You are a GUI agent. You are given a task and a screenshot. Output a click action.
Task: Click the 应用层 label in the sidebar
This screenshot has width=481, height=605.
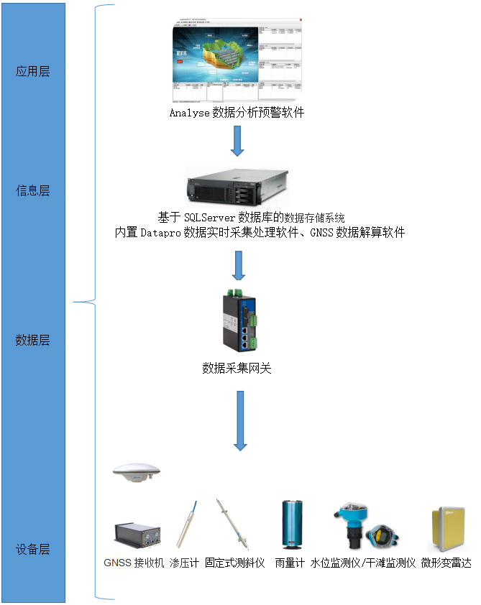point(32,71)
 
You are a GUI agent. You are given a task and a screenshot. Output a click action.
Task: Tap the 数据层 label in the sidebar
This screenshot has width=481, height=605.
point(32,340)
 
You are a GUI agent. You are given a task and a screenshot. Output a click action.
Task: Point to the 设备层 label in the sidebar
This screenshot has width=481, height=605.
point(32,550)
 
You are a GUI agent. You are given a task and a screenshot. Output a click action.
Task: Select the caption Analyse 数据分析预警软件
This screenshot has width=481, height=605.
point(237,113)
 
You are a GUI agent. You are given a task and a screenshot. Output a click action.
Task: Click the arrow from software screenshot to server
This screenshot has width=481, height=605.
point(237,141)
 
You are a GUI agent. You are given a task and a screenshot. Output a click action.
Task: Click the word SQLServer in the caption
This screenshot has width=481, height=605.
point(209,218)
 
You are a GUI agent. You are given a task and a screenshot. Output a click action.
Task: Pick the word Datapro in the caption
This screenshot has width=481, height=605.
point(160,232)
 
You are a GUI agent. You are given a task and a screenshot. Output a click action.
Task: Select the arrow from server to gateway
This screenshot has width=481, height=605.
point(239,265)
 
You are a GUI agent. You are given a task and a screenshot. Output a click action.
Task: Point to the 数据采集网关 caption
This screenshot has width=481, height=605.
point(237,369)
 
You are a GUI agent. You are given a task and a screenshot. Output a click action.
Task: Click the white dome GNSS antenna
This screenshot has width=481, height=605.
point(137,472)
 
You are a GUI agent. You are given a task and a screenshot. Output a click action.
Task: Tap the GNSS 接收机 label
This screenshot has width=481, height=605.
point(134,563)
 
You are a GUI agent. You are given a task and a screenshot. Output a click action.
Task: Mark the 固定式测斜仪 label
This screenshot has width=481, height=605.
point(235,563)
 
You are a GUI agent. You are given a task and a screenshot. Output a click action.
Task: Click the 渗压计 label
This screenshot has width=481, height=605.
point(184,563)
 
